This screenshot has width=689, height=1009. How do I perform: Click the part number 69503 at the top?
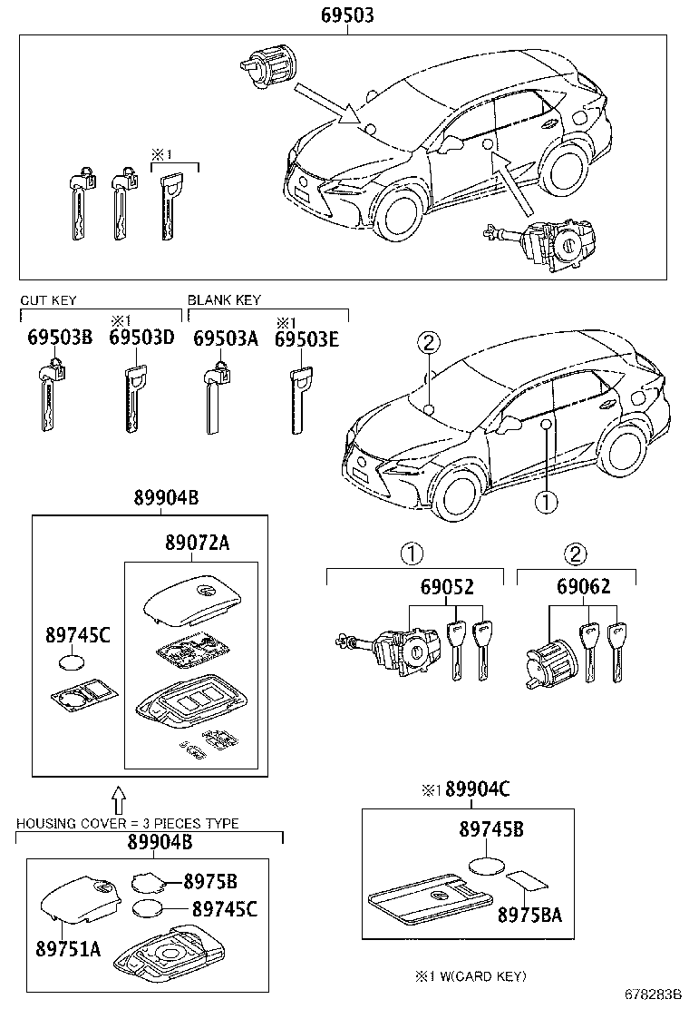tap(346, 15)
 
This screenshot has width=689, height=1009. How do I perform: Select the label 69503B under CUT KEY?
tap(60, 338)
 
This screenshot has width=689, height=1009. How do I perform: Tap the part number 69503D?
tap(141, 338)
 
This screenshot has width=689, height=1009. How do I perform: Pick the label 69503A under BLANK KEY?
tap(227, 338)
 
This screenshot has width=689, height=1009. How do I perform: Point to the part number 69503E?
tap(306, 338)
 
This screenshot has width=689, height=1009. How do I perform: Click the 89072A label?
tap(197, 543)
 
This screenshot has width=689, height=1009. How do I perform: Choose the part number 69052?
tap(446, 587)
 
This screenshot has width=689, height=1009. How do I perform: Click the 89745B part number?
tap(490, 828)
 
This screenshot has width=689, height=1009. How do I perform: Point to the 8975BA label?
tap(529, 914)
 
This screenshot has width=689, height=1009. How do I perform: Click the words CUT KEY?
tap(48, 300)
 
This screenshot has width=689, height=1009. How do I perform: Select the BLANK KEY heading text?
tap(224, 300)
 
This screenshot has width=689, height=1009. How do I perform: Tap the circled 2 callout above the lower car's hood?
tap(429, 343)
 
